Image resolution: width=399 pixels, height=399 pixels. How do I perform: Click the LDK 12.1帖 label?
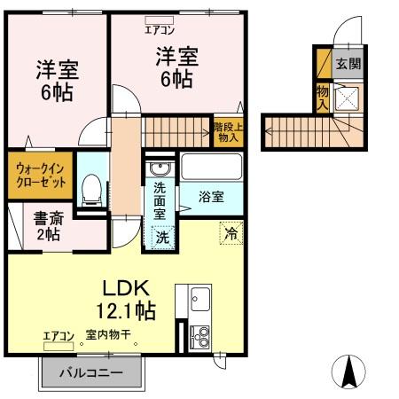point(128,300)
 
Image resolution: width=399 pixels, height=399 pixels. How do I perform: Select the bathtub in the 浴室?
point(210,168)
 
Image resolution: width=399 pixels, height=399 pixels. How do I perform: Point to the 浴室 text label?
point(210,197)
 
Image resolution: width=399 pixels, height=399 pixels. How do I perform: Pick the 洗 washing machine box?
point(161,237)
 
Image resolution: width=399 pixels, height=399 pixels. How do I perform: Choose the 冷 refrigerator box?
point(231,235)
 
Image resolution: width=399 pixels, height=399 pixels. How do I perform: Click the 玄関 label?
point(348,64)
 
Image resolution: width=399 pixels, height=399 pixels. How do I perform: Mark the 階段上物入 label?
point(227,132)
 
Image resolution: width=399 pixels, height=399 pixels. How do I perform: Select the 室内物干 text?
point(108,336)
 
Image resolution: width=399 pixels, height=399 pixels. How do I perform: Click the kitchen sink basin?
point(198,297)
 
